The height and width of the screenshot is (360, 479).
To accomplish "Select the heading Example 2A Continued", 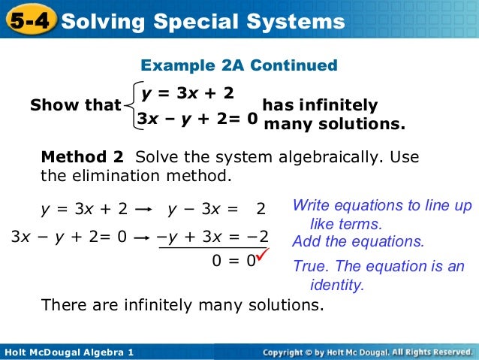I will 239,66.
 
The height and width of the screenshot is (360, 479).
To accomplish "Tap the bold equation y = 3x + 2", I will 187,93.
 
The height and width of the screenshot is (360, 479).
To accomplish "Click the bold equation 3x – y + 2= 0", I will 197,118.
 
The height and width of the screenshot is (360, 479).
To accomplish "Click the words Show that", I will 75,106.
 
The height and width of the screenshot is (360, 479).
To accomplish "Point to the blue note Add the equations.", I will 358,241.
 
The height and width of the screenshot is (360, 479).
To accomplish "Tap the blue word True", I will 309,267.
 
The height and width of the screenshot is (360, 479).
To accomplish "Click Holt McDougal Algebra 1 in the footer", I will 68,352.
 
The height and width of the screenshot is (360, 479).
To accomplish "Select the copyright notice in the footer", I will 367,352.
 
